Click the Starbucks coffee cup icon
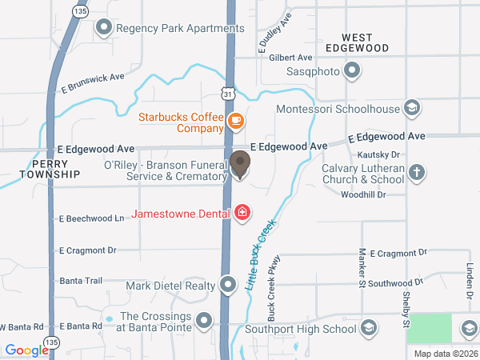[235, 121]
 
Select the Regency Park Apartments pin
[103, 29]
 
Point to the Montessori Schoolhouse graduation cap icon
[411, 109]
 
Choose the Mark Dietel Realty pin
[229, 285]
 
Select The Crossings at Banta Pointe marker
[204, 321]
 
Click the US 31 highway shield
[229, 94]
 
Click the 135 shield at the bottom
[53, 342]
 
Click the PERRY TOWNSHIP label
[50, 168]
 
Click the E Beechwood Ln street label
[92, 218]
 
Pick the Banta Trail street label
[81, 281]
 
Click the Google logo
[26, 350]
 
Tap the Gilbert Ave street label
[290, 58]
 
